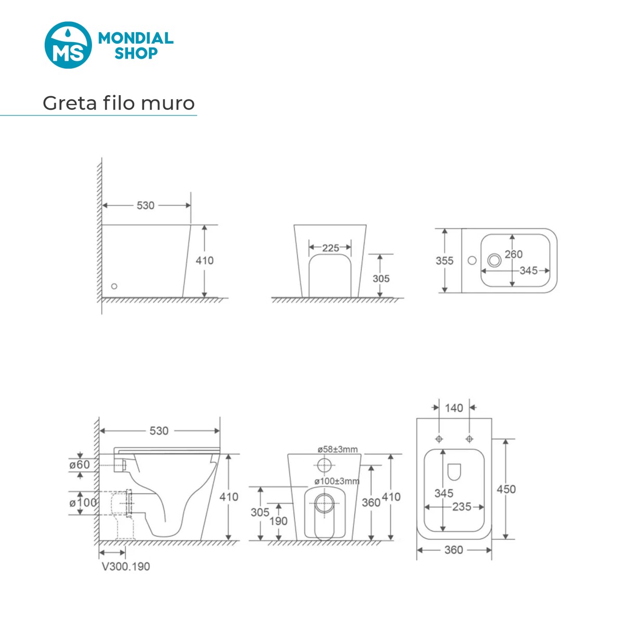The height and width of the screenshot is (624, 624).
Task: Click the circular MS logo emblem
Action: click(x=68, y=45)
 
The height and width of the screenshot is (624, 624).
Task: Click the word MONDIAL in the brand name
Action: click(x=136, y=38)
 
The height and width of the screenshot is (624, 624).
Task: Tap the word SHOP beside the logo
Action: click(x=136, y=53)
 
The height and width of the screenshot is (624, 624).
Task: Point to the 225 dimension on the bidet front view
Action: click(x=330, y=248)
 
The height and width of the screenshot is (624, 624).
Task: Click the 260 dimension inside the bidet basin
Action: click(x=514, y=254)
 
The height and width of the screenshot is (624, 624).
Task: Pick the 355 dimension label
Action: click(x=444, y=261)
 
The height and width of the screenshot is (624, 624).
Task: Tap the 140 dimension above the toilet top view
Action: click(x=454, y=408)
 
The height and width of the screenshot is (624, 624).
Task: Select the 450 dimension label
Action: click(x=506, y=489)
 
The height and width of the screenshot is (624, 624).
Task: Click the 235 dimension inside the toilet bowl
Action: click(x=461, y=507)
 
